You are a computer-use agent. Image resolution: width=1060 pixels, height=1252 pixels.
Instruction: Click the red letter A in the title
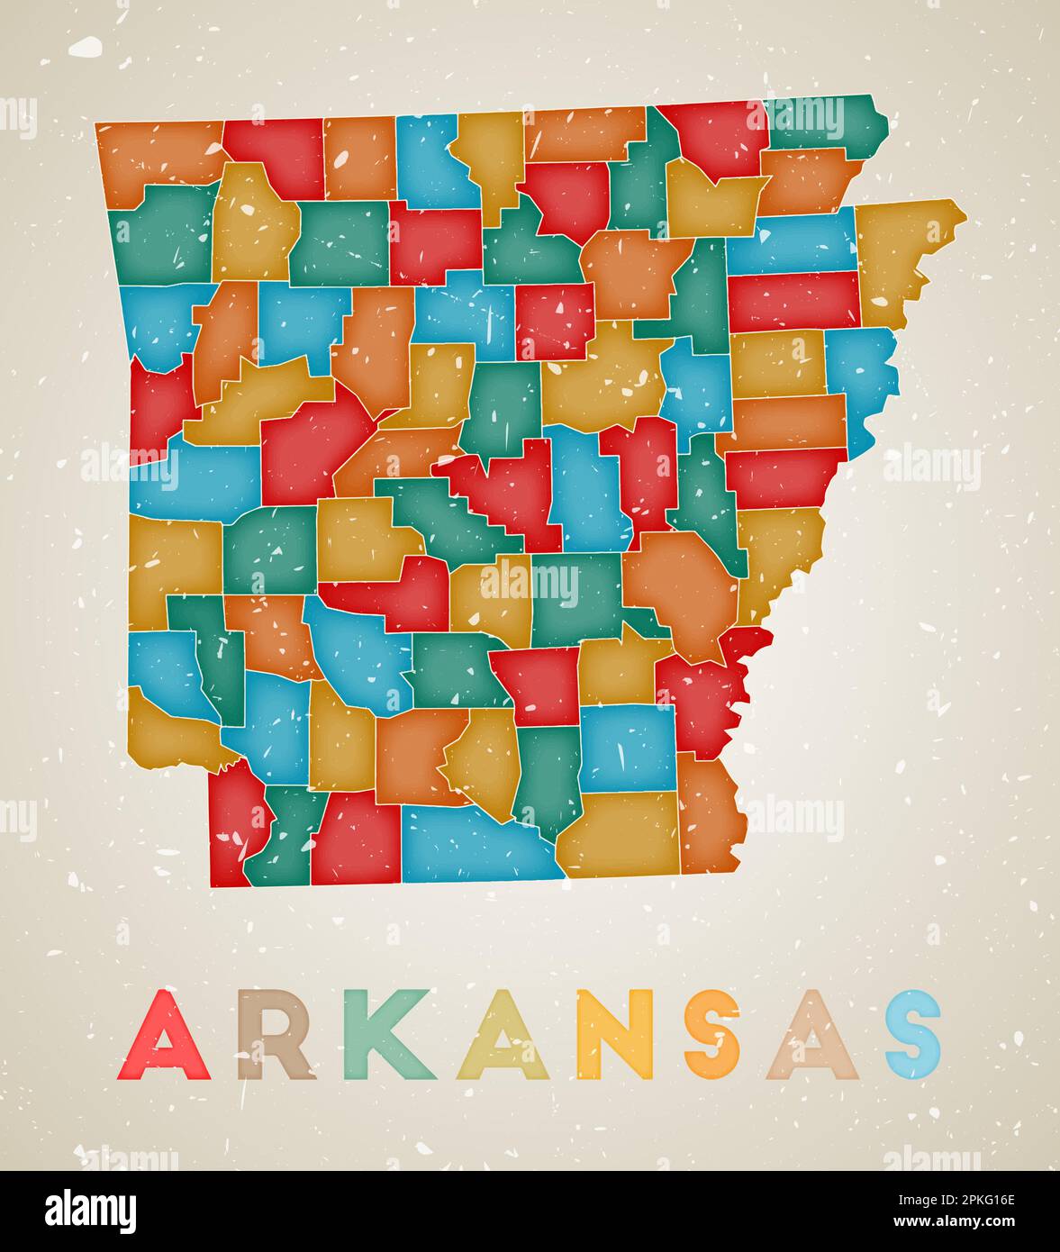[x=164, y=1036]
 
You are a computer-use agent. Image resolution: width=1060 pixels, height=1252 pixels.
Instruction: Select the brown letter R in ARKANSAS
[x=276, y=1036]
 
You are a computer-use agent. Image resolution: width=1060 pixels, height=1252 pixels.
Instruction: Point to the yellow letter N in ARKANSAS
[x=616, y=1036]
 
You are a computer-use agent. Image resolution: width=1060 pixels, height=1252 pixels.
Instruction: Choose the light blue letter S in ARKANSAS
[x=912, y=1036]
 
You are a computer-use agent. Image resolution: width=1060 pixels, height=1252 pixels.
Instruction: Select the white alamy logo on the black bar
[x=91, y=1211]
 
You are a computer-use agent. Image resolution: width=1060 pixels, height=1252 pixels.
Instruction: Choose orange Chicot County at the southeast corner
[x=709, y=815]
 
